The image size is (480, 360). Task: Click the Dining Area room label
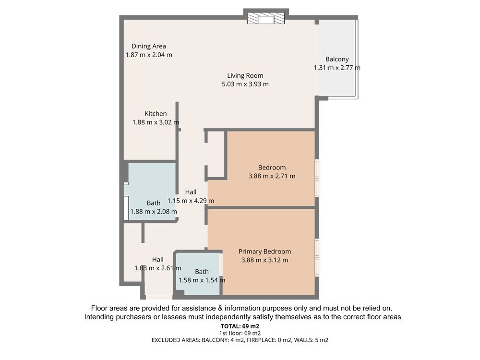click(x=149, y=46)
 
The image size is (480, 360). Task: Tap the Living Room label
click(x=245, y=76)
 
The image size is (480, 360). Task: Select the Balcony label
click(x=337, y=59)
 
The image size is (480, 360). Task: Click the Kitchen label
click(x=156, y=114)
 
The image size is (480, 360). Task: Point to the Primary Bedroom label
click(x=265, y=252)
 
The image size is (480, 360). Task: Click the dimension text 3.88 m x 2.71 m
click(x=272, y=176)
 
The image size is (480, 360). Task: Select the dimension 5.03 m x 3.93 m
click(x=245, y=84)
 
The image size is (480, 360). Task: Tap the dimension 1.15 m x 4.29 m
click(x=191, y=201)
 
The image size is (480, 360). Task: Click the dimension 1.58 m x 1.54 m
click(x=202, y=280)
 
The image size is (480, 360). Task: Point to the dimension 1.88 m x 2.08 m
click(x=154, y=212)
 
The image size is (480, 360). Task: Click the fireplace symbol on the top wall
click(x=266, y=18)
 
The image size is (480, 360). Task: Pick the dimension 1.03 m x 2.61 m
click(x=157, y=268)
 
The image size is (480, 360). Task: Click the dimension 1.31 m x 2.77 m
click(x=337, y=68)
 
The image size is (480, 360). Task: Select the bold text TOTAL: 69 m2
click(x=240, y=326)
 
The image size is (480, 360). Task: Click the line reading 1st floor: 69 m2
click(x=240, y=333)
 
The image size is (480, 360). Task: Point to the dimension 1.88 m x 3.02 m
click(x=156, y=122)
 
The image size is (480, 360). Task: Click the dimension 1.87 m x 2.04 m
click(x=149, y=55)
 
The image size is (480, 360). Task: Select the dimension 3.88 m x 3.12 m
click(x=265, y=260)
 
